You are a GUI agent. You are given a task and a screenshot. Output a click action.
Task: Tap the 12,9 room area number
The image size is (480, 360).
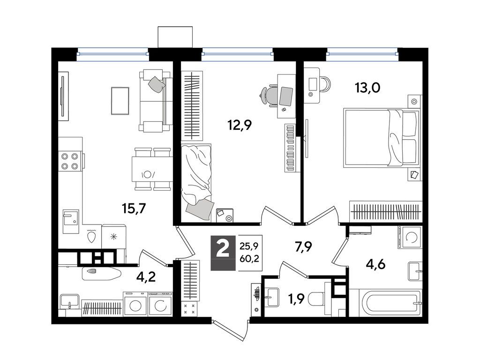point(240,125)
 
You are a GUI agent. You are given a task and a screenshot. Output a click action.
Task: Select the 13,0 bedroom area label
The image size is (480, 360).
point(367,88)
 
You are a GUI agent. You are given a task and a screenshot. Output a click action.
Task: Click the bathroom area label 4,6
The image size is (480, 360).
point(375,264)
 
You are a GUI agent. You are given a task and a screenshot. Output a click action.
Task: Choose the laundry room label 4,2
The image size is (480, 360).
point(146,277)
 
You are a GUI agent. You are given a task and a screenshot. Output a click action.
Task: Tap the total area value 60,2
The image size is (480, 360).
point(249,259)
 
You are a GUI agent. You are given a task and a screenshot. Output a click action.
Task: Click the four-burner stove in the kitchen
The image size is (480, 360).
point(70,161)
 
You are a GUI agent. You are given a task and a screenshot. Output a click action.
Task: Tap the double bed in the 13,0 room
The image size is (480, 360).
point(381,138)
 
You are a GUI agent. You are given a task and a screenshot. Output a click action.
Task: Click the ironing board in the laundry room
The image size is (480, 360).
point(102,274)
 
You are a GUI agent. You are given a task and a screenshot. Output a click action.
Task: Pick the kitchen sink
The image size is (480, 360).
point(71,218)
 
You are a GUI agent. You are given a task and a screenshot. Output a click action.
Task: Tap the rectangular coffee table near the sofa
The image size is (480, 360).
point(120,101)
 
